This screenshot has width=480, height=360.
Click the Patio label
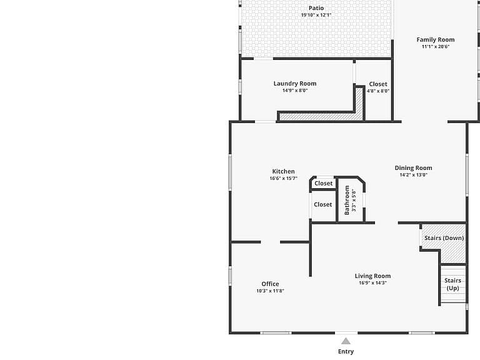point(316,8)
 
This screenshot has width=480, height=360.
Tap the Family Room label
point(435,40)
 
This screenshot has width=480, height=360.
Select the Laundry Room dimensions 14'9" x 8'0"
point(295,91)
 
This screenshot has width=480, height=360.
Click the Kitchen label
point(284,171)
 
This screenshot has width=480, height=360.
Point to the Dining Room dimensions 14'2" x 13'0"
point(414,175)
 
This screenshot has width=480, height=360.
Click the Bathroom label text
point(347,200)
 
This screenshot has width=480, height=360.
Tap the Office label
point(270,284)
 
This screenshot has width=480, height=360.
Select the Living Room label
point(372,276)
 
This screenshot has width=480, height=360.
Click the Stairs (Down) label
point(444,238)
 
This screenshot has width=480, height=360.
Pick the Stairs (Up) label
point(452,284)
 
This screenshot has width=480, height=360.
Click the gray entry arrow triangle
point(346,341)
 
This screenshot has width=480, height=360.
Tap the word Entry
point(346,352)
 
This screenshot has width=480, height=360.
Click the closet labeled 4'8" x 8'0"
point(378,87)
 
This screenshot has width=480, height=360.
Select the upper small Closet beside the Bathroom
point(323,183)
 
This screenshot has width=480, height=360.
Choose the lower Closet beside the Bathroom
point(323,204)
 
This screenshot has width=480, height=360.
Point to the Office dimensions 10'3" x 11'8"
point(270,291)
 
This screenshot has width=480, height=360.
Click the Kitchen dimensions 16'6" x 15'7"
point(284,179)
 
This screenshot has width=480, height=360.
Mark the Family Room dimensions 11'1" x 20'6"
point(435,47)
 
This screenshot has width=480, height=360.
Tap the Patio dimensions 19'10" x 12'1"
point(316,15)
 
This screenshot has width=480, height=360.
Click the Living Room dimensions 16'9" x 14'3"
point(372,283)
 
